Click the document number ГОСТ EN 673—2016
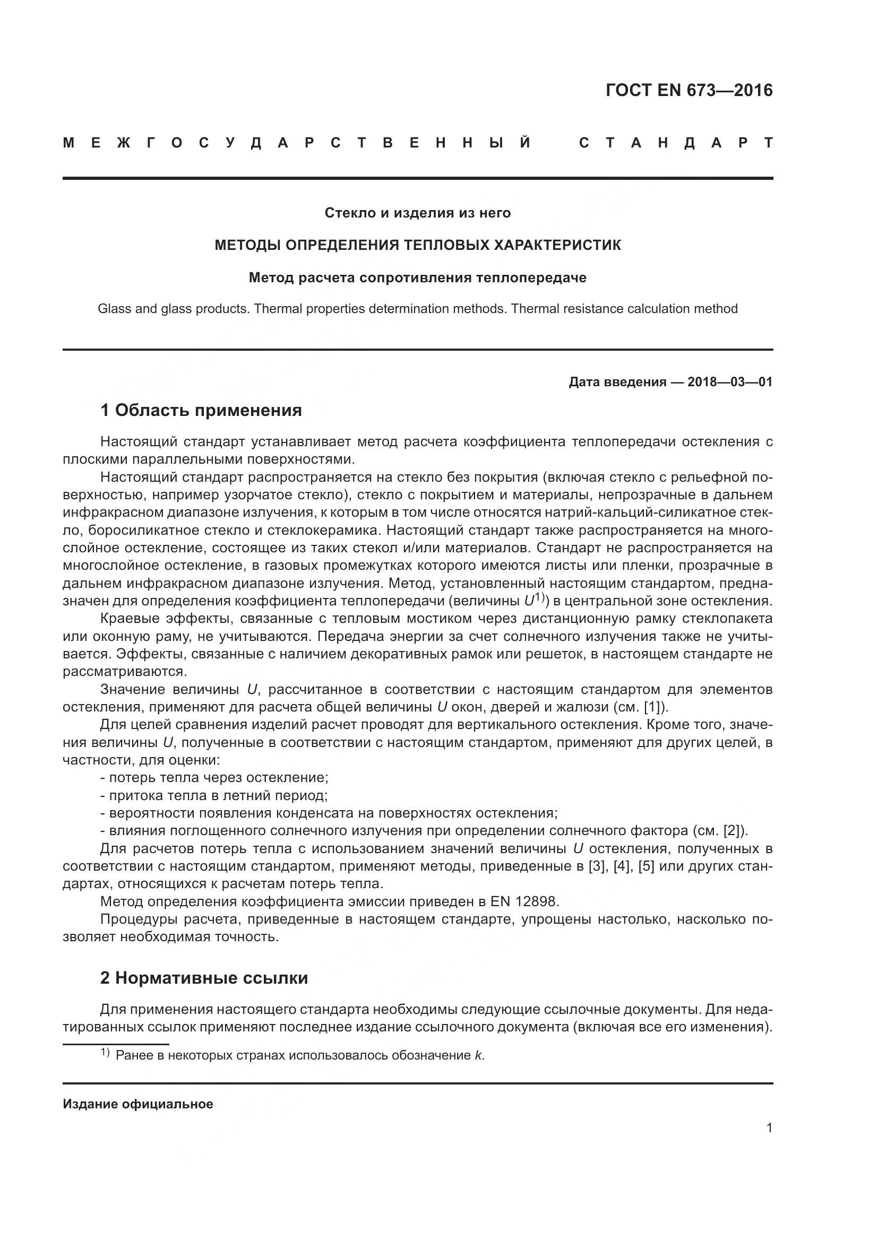[x=689, y=90]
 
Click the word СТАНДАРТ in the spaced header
[x=676, y=143]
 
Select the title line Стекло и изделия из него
[x=417, y=213]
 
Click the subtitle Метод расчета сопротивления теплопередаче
[x=417, y=278]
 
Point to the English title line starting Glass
[x=417, y=309]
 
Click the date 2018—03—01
[x=730, y=382]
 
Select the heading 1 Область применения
[x=201, y=410]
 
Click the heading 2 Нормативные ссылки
[x=204, y=978]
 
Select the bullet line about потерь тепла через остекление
[x=214, y=777]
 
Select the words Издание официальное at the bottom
[x=138, y=1104]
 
